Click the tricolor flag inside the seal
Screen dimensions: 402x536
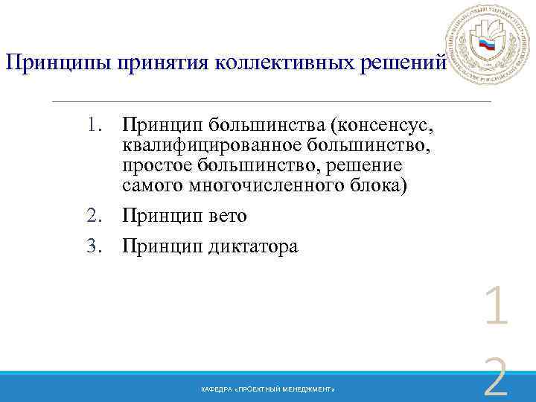point(487,45)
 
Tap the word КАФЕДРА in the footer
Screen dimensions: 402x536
point(214,390)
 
